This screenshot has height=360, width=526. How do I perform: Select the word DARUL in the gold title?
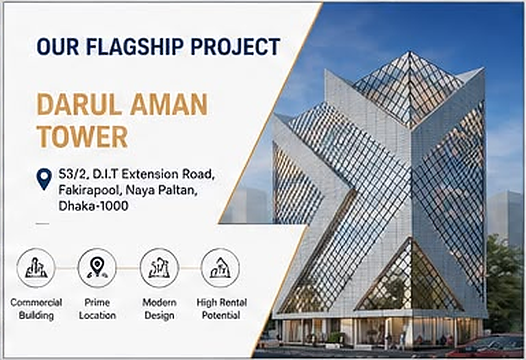point(79,104)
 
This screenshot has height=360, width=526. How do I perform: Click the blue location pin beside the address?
point(44,179)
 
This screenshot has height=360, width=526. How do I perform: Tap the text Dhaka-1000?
point(93,206)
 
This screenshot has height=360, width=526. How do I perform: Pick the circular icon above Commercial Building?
point(36,268)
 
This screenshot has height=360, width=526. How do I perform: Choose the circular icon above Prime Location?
point(97,268)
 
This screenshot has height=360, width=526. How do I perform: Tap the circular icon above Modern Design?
point(159,268)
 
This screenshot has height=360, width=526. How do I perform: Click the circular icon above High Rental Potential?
point(220,268)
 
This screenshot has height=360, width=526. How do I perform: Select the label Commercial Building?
point(36,309)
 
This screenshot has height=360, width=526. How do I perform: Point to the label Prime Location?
point(97,309)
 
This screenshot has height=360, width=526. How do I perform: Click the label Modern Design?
point(159,309)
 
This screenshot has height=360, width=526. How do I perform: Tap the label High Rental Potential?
point(222,309)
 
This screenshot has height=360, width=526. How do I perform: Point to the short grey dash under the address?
point(42,224)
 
